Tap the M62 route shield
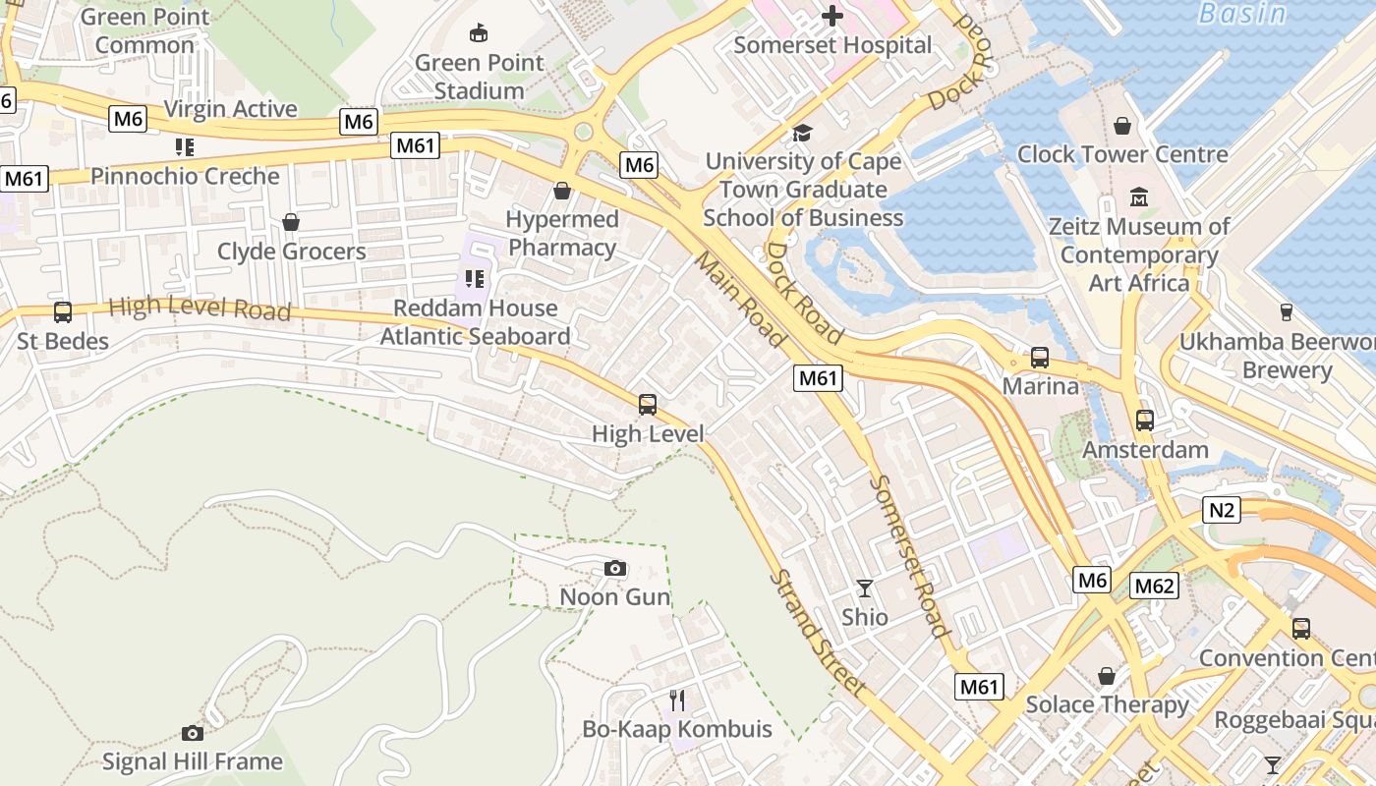pos(1154,587)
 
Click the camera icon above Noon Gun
pos(615,568)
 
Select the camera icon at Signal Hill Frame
pos(193,733)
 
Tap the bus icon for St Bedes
pos(63,312)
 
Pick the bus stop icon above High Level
pos(647,404)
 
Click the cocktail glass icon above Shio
pos(865,589)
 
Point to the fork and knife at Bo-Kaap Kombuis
pos(677,700)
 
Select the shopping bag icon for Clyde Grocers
pos(291,222)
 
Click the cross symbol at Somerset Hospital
pos(832,15)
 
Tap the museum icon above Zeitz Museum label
pos(1139,196)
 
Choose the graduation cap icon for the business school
pos(803,133)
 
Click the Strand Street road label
pos(819,634)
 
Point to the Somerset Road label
pos(910,555)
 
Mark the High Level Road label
pos(200,309)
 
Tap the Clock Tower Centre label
pos(1122,154)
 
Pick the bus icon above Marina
pos(1040,358)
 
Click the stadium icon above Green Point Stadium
pos(479,33)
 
